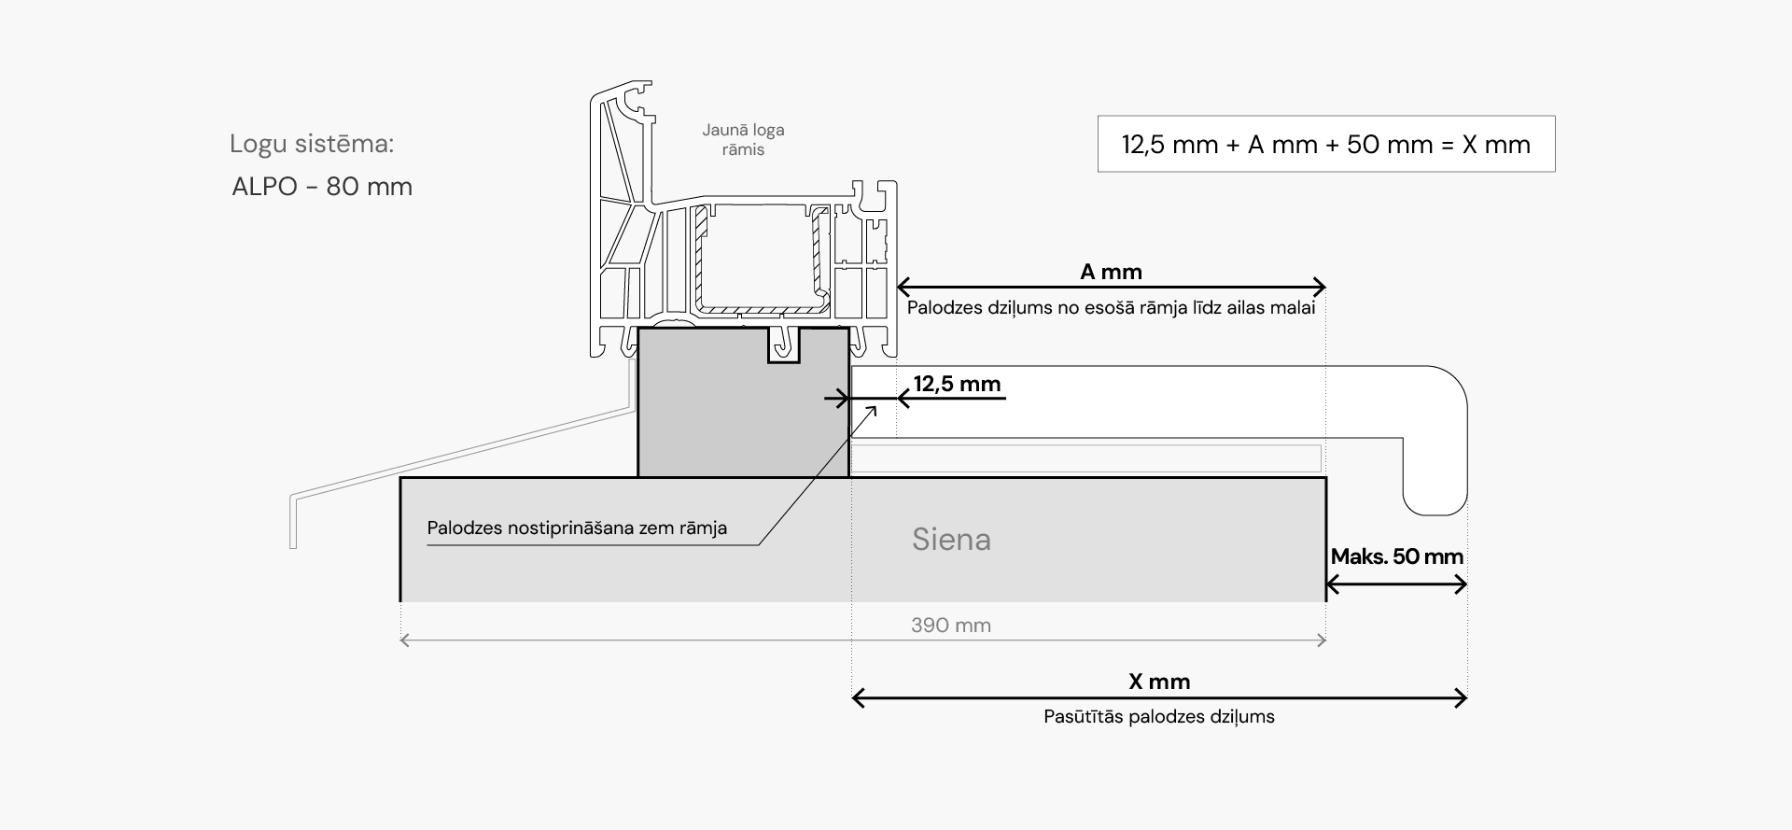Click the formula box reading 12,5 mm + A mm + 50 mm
coord(1325,145)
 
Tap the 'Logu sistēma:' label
coord(312,144)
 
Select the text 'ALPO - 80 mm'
coord(322,187)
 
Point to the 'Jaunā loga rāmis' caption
coord(743,140)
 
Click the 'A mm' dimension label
coord(1111,272)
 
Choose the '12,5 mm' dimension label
coord(957,384)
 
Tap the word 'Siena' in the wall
coord(951,540)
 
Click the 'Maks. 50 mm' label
coord(1396,557)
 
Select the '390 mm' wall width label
coord(950,626)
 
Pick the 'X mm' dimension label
coord(1159,682)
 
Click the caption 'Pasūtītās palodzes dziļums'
coord(1159,717)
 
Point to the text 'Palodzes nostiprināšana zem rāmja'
coord(577,528)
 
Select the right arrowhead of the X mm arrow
coord(1461,697)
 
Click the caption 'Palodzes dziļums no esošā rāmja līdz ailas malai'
coord(1111,308)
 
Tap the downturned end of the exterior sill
coord(293,523)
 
